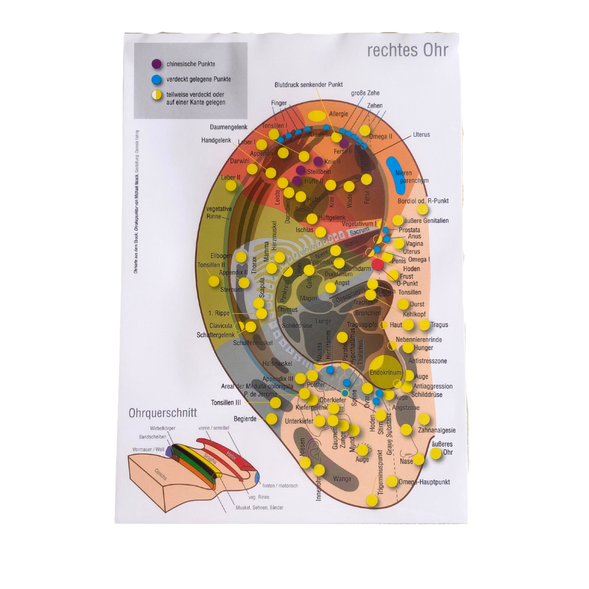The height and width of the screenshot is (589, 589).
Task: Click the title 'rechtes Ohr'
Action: [x=407, y=50]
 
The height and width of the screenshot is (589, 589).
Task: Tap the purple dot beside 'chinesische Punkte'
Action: [x=157, y=64]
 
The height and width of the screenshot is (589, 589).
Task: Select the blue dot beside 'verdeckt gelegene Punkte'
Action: [x=157, y=80]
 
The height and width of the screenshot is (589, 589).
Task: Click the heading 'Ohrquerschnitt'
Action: [x=163, y=413]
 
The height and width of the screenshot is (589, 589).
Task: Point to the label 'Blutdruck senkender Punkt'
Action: [x=309, y=85]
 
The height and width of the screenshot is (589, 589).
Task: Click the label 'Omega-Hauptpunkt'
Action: [x=424, y=482]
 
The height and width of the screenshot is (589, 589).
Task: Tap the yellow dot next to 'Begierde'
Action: [x=272, y=419]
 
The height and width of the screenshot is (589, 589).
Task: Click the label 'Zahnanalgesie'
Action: [x=437, y=430]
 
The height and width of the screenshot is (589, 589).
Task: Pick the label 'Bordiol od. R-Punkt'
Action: [x=423, y=201]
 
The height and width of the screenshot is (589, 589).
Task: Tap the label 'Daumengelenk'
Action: [x=229, y=127]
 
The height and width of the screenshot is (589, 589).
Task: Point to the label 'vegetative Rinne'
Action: [x=219, y=213]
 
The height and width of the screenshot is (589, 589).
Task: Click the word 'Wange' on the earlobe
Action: [x=342, y=479]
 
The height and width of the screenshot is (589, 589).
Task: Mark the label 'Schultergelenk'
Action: [x=215, y=334]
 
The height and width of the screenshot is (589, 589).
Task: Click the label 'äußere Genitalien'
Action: [x=427, y=221]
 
